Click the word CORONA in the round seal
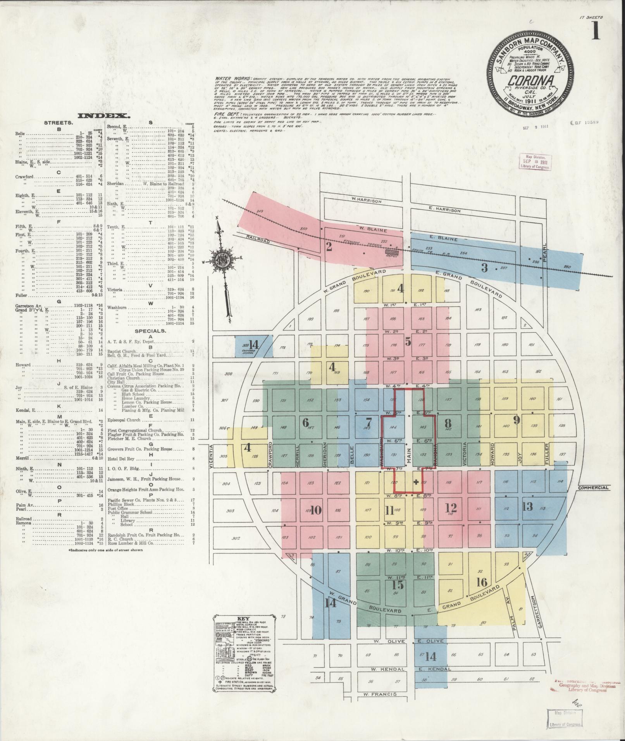pyautogui.click(x=529, y=81)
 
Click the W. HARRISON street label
pyautogui.click(x=367, y=201)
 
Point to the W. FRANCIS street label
pyautogui.click(x=380, y=694)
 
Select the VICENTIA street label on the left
pyautogui.click(x=212, y=456)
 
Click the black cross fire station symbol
pyautogui.click(x=416, y=482)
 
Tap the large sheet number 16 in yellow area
pyautogui.click(x=482, y=582)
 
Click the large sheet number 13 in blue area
pyautogui.click(x=527, y=506)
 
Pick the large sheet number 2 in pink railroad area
pyautogui.click(x=329, y=247)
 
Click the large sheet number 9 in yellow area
pyautogui.click(x=516, y=420)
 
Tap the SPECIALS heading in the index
pyautogui.click(x=150, y=331)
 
